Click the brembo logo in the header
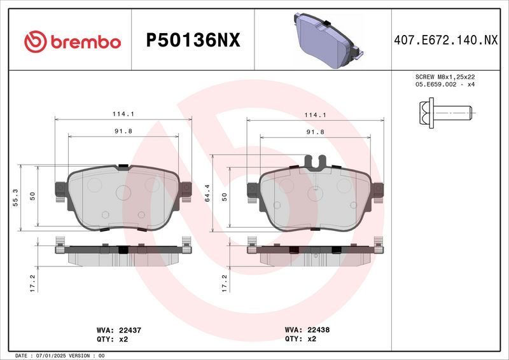pyautogui.click(x=71, y=42)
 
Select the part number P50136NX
pyautogui.click(x=193, y=41)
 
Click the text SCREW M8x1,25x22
pyautogui.click(x=445, y=76)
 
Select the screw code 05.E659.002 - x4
pyautogui.click(x=445, y=84)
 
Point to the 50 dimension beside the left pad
pyautogui.click(x=32, y=197)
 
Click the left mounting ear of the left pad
pyautogui.click(x=61, y=190)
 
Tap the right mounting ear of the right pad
pyautogui.click(x=379, y=190)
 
